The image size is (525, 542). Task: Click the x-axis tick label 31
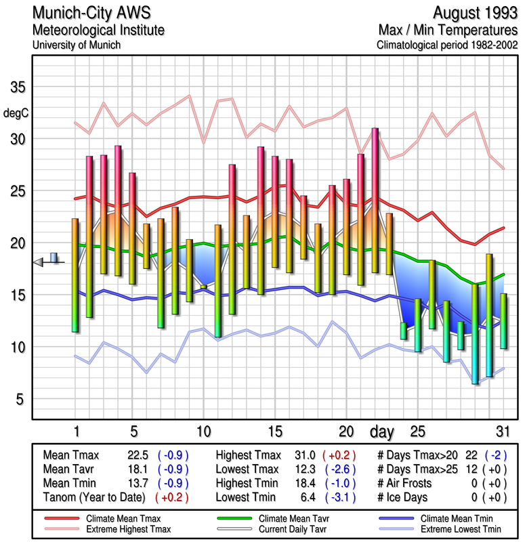[x=503, y=432]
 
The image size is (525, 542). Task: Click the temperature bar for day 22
[x=375, y=200]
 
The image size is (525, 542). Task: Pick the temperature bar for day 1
[x=75, y=275]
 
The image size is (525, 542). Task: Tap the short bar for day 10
[x=203, y=287]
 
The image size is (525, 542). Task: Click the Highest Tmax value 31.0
[x=303, y=455]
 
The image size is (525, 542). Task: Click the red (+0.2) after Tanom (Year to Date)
[x=172, y=497]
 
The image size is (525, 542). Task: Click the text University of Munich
[x=76, y=45]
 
